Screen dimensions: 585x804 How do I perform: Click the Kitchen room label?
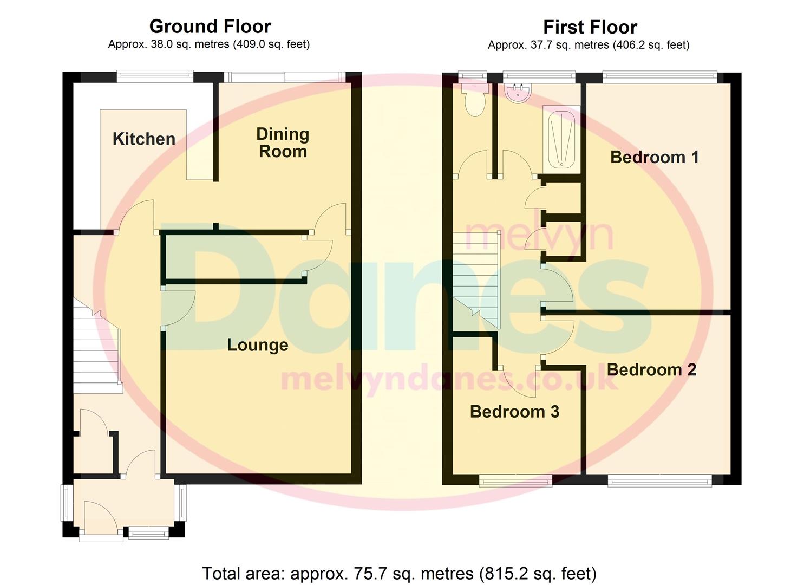(143, 139)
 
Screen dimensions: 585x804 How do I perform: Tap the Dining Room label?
(283, 142)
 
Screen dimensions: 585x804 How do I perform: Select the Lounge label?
(257, 345)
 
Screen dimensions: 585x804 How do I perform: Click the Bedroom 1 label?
(654, 157)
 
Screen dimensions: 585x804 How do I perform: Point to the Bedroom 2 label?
(651, 369)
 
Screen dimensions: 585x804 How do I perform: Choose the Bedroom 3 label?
(514, 412)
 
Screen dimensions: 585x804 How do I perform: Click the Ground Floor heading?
(210, 26)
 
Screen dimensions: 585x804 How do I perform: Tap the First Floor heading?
(590, 27)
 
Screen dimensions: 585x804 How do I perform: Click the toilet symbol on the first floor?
(475, 100)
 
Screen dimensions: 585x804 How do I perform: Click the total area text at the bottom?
(399, 573)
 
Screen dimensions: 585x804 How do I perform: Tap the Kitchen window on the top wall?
(155, 77)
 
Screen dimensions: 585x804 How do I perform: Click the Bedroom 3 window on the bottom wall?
(515, 479)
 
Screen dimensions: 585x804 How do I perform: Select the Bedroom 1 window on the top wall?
(659, 77)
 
